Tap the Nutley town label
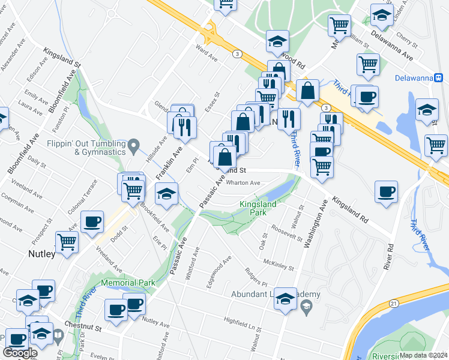41,254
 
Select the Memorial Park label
128,283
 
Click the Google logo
19,352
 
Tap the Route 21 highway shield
393,304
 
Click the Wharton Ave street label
243,183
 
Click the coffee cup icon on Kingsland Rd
385,192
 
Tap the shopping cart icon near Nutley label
67,242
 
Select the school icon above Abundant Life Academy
285,298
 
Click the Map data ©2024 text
424,355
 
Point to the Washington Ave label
315,223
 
